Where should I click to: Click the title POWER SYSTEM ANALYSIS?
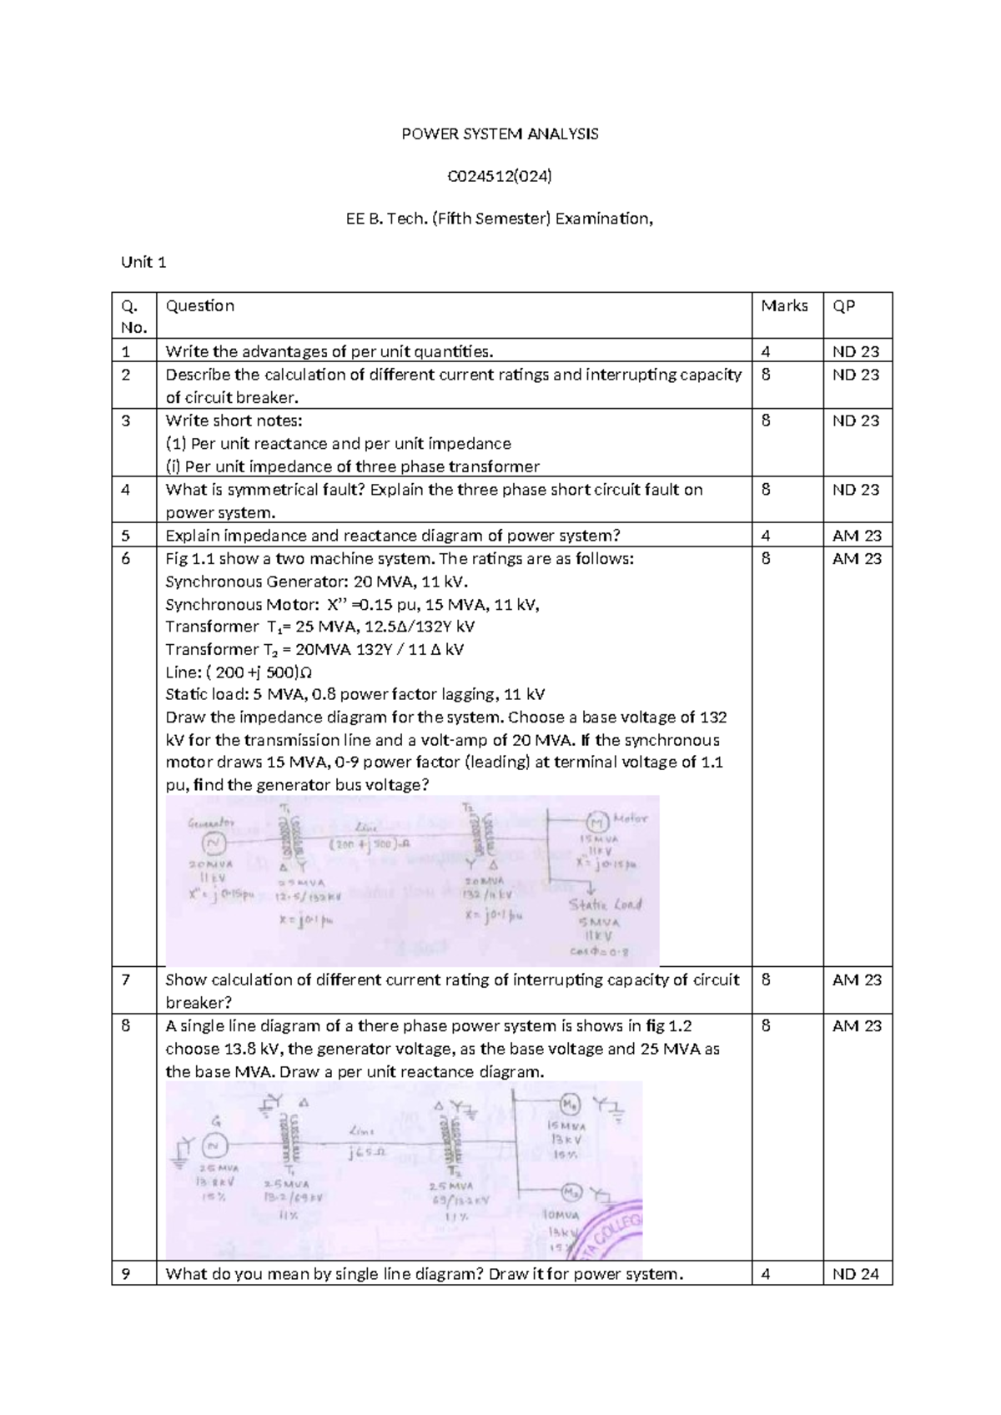(500, 133)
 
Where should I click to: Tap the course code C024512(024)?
(500, 176)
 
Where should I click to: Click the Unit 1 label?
(143, 262)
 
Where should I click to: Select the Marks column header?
(784, 306)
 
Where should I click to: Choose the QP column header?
(844, 306)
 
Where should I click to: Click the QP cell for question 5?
(857, 536)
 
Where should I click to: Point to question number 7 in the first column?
(125, 979)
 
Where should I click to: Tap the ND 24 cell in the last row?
(857, 1273)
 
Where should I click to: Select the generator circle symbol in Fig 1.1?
(214, 843)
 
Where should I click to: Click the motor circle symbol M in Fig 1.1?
(598, 820)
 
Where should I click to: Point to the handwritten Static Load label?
(605, 905)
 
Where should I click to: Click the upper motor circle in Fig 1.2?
(569, 1105)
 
